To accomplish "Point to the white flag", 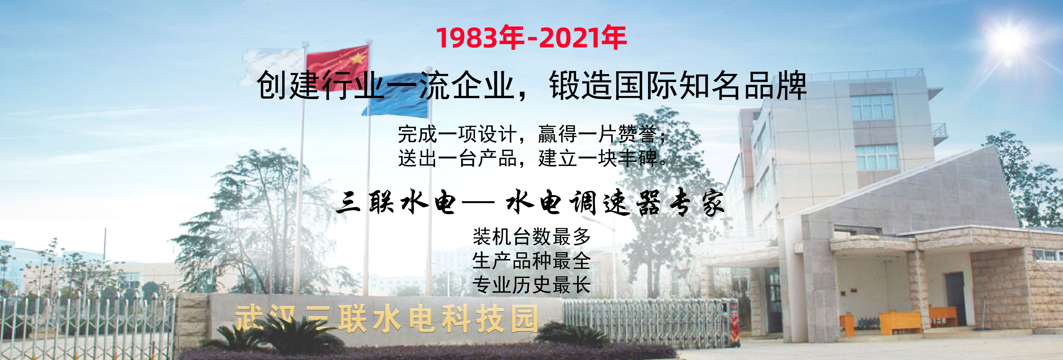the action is (x=272, y=66).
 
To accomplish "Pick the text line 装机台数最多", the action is (x=532, y=237).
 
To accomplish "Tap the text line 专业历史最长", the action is (x=532, y=285).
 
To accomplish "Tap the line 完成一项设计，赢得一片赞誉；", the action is (x=532, y=134).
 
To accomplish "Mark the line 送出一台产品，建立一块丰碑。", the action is (x=532, y=158).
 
